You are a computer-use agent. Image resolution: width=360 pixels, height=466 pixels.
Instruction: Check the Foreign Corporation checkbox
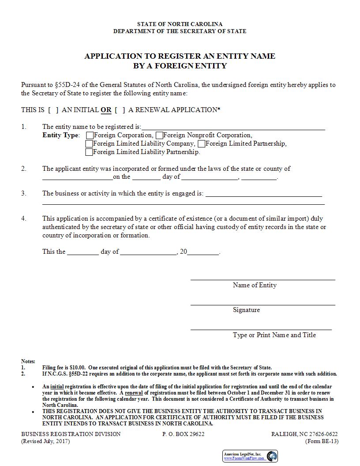pyautogui.click(x=90, y=135)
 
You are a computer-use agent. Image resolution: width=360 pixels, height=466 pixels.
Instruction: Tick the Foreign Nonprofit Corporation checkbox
pyautogui.click(x=159, y=135)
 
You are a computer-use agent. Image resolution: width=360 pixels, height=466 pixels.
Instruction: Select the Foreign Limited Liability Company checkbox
pyautogui.click(x=89, y=144)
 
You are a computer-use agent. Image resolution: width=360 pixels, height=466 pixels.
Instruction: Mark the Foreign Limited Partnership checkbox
pyautogui.click(x=202, y=144)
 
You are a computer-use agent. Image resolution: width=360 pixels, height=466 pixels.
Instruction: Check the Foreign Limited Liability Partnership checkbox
pyautogui.click(x=89, y=152)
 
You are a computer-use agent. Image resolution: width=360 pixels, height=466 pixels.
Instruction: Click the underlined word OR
pyautogui.click(x=106, y=110)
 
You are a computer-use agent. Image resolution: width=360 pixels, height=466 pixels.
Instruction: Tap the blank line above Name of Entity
pyautogui.click(x=262, y=279)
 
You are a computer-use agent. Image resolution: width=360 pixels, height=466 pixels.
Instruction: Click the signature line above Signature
pyautogui.click(x=262, y=304)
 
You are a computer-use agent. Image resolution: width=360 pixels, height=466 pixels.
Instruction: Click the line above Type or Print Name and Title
pyautogui.click(x=261, y=329)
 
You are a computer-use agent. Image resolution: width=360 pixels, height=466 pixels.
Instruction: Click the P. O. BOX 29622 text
pyautogui.click(x=183, y=434)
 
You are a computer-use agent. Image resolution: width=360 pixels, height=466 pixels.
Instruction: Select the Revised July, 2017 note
pyautogui.click(x=45, y=441)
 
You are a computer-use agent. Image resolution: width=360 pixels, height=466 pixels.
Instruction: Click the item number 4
pyautogui.click(x=24, y=218)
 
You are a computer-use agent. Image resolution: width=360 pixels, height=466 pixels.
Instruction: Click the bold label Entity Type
pyautogui.click(x=61, y=135)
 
